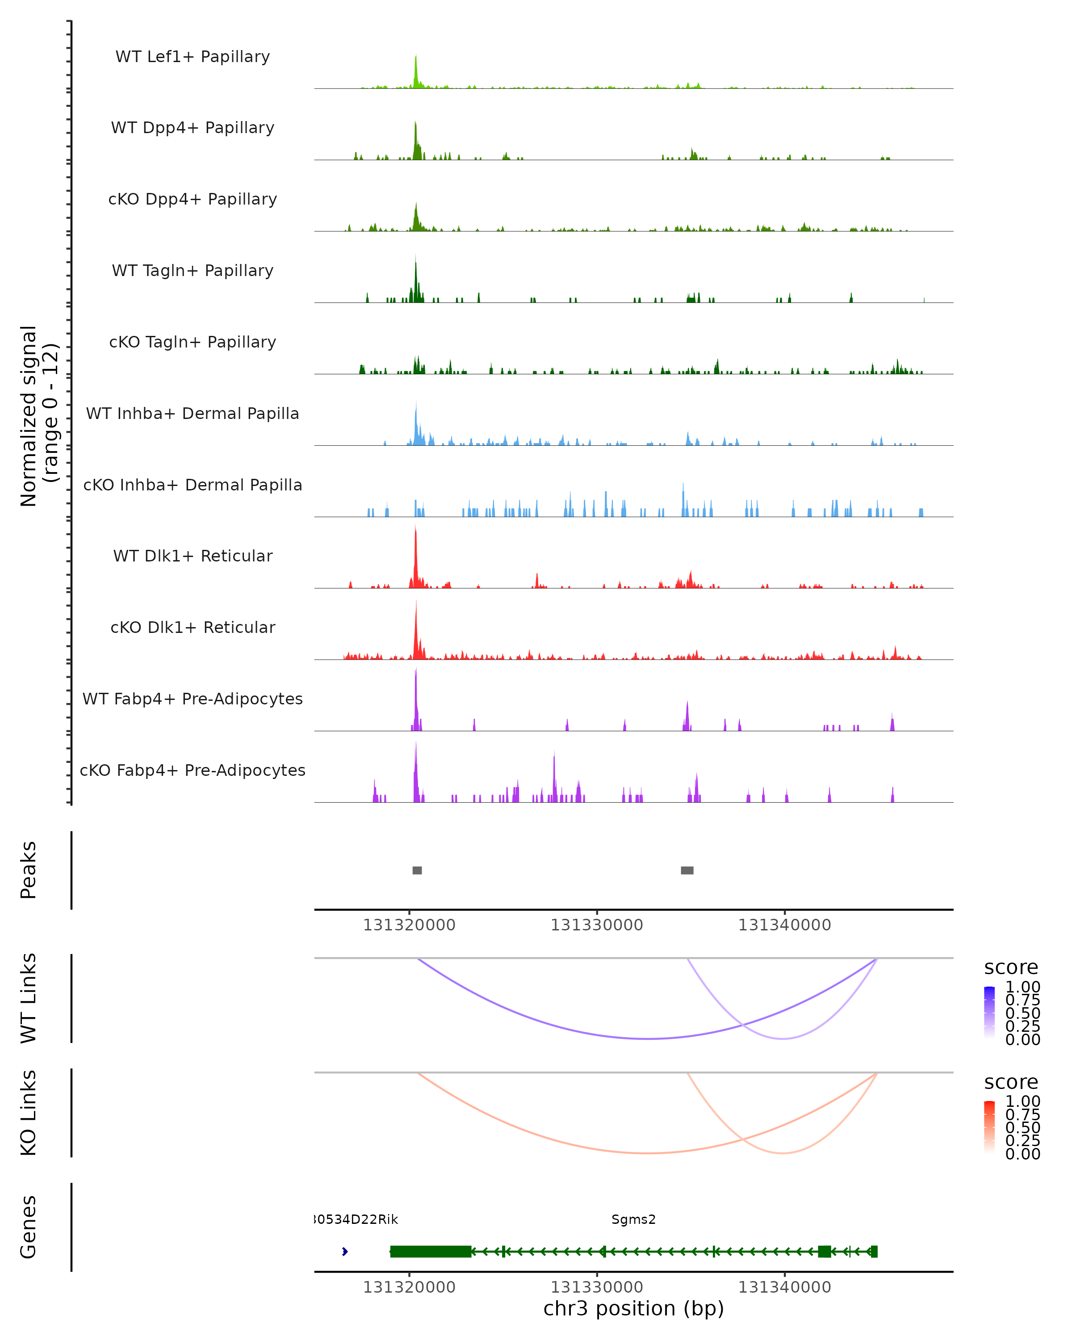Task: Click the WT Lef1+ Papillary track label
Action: pyautogui.click(x=193, y=57)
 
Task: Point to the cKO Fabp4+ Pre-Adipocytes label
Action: pyautogui.click(x=193, y=770)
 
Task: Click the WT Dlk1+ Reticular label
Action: pyautogui.click(x=193, y=556)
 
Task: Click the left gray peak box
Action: pyautogui.click(x=417, y=870)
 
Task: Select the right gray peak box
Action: pyautogui.click(x=687, y=870)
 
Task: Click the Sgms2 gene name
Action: pyautogui.click(x=633, y=1219)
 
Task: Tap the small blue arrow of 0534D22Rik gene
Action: pyautogui.click(x=345, y=1251)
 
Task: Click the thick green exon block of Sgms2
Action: pyautogui.click(x=431, y=1251)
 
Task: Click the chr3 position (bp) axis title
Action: pyautogui.click(x=633, y=1308)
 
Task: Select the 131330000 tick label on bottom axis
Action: pyautogui.click(x=597, y=1286)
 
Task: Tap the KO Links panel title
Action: pyautogui.click(x=29, y=1113)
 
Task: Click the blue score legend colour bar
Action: pyautogui.click(x=989, y=1012)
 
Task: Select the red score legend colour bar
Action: pyautogui.click(x=989, y=1126)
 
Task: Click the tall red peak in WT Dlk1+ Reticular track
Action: pyautogui.click(x=416, y=553)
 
